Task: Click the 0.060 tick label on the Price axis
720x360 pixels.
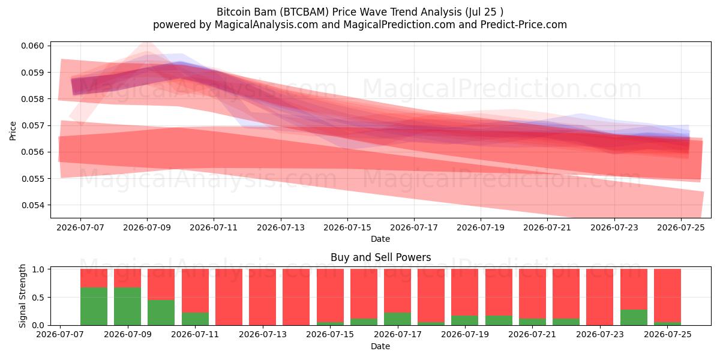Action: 32,46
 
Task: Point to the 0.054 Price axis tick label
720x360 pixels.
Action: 32,205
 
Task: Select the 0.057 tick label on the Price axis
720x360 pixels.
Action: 32,125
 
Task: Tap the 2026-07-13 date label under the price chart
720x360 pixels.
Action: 281,227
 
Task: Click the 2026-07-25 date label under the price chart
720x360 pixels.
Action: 681,227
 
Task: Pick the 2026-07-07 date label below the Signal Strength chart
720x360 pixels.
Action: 60,334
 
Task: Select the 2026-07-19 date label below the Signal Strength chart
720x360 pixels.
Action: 465,334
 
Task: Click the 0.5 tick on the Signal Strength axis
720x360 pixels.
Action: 38,298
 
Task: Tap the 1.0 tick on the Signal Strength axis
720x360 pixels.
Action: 38,269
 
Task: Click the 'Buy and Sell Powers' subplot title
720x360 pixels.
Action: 380,257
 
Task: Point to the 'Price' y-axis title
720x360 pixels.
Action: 13,131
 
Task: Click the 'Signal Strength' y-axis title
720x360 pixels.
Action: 22,296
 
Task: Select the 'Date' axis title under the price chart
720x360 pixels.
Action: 380,239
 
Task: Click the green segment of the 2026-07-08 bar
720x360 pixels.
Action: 94,307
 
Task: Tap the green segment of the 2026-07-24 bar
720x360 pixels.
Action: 634,317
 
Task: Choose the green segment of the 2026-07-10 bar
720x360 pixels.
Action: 161,313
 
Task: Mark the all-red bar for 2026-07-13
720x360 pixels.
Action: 262,297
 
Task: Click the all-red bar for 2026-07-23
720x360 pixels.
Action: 600,297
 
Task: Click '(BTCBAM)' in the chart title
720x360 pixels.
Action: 304,12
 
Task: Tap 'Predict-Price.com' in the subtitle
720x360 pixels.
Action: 524,25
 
